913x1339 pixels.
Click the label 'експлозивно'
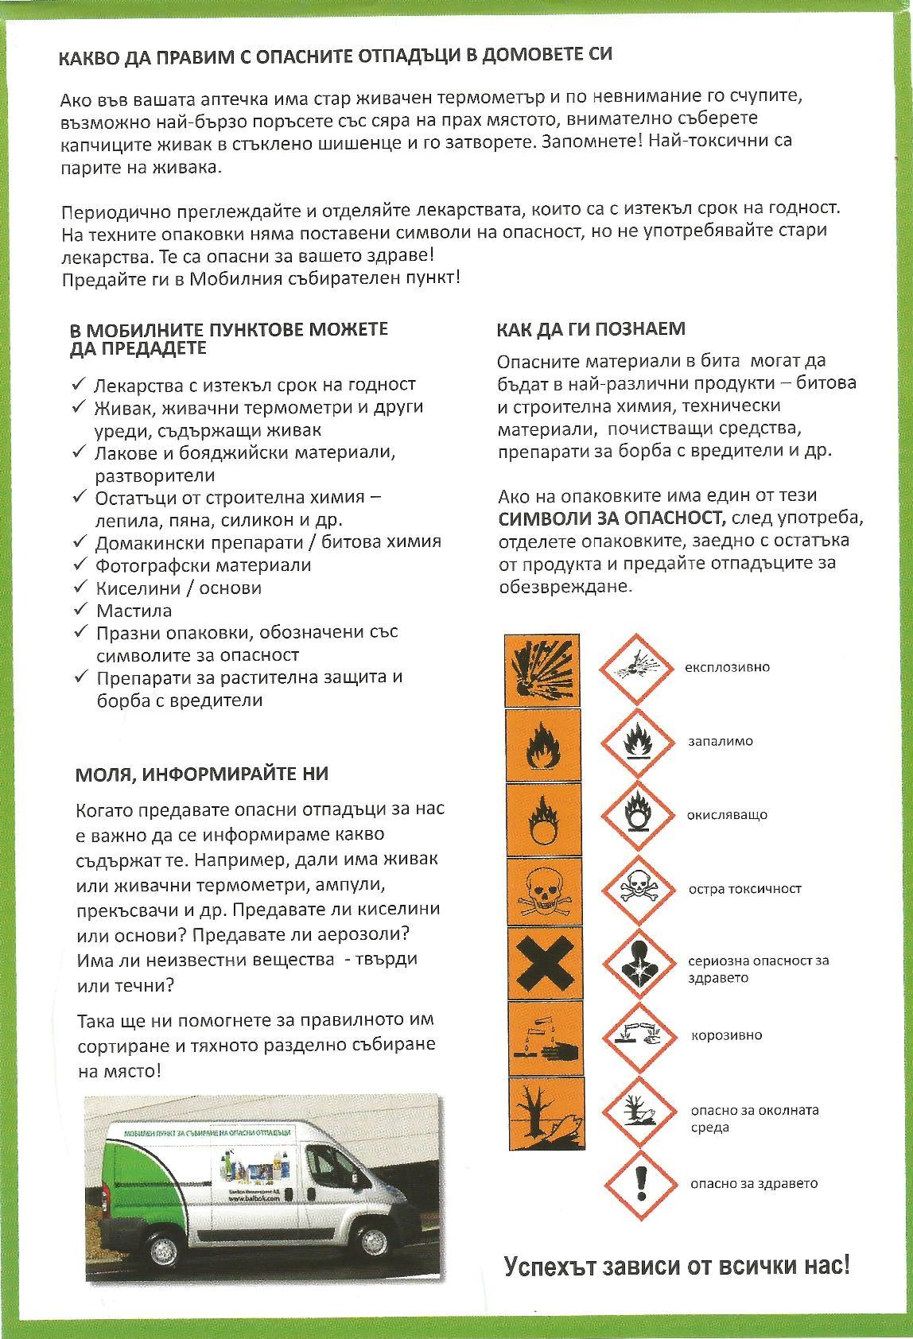click(x=728, y=667)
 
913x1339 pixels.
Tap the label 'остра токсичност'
click(x=744, y=889)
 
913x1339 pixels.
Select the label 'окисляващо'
click(x=727, y=815)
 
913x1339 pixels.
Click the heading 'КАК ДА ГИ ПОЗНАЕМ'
click(x=591, y=329)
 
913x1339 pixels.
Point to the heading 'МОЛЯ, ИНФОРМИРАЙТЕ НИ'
click(x=202, y=774)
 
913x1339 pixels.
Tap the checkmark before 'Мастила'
click(x=80, y=609)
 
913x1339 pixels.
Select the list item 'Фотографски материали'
click(x=203, y=565)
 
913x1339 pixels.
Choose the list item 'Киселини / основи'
click(x=178, y=588)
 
